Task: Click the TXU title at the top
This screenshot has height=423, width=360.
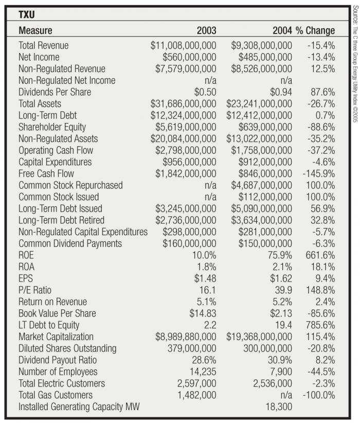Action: pos(27,15)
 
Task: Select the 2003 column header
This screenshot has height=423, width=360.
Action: pos(207,30)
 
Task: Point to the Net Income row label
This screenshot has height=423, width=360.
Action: pos(39,57)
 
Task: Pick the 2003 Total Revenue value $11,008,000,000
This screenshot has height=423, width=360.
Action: pos(184,45)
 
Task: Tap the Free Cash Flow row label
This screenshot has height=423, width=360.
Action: pos(46,173)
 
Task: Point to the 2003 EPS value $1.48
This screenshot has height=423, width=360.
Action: pos(203,278)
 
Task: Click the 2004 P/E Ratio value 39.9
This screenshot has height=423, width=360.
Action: pos(283,290)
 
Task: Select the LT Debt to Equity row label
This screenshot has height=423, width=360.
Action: pos(49,325)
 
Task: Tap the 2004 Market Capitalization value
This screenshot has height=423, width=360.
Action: pos(259,337)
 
